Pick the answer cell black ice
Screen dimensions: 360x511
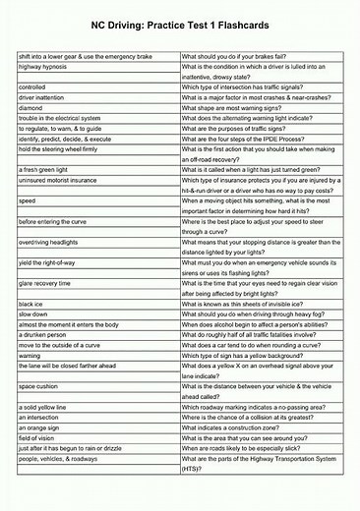click(32, 305)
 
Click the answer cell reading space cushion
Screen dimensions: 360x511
click(41, 386)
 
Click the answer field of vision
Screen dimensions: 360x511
click(40, 437)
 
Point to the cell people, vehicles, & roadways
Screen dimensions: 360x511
click(59, 459)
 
